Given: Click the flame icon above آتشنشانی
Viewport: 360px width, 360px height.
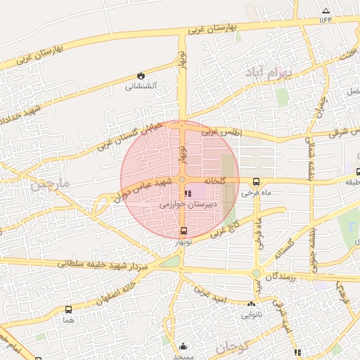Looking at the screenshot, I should coord(141,75).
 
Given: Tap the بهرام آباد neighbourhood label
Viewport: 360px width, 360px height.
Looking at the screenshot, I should coord(264,73).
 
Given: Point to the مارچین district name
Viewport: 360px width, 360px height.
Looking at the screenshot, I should coord(51,186).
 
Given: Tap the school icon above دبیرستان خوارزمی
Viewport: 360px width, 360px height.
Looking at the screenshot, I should coord(187,193).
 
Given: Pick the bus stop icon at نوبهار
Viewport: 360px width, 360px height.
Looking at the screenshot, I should coord(184,231).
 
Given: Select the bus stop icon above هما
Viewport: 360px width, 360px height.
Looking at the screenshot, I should coord(68,309).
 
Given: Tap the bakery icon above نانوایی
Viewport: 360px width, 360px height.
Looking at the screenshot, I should coord(251,304).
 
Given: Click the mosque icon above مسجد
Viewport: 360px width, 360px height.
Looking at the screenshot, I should coord(184,345).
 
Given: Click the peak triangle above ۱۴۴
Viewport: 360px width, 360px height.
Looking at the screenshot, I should coord(325,11).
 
